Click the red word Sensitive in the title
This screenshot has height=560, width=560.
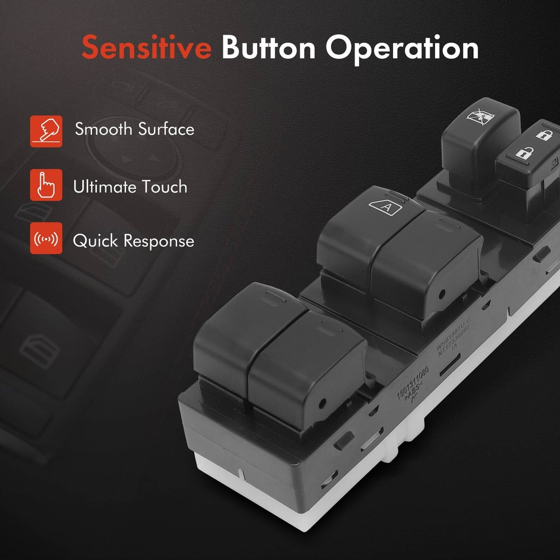146,48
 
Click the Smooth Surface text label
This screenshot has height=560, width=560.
134,129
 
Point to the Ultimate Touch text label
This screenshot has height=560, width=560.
130,186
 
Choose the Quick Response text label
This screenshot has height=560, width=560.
133,241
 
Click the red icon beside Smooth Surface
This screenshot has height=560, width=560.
46,131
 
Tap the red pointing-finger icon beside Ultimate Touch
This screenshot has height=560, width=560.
46,184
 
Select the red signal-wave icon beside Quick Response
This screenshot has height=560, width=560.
46,239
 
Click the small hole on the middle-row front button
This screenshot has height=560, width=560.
442,293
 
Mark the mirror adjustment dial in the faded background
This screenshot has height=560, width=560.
126,151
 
